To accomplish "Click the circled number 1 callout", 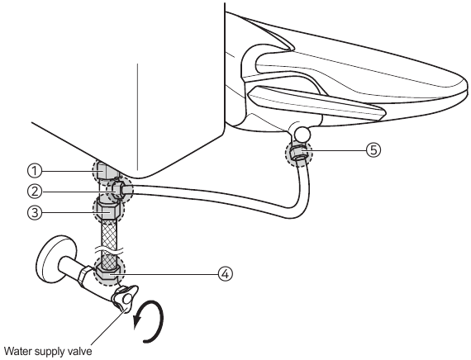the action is tap(35, 171).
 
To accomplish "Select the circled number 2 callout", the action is tap(35, 192).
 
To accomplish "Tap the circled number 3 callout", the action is tap(35, 212).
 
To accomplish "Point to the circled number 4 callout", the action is tap(226, 274).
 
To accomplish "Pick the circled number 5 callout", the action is tap(373, 149).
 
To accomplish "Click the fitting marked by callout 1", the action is tap(105, 172).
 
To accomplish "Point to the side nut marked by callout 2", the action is tap(119, 191).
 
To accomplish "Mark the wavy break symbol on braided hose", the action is tap(109, 249).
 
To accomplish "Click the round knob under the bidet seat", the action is tap(302, 134).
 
